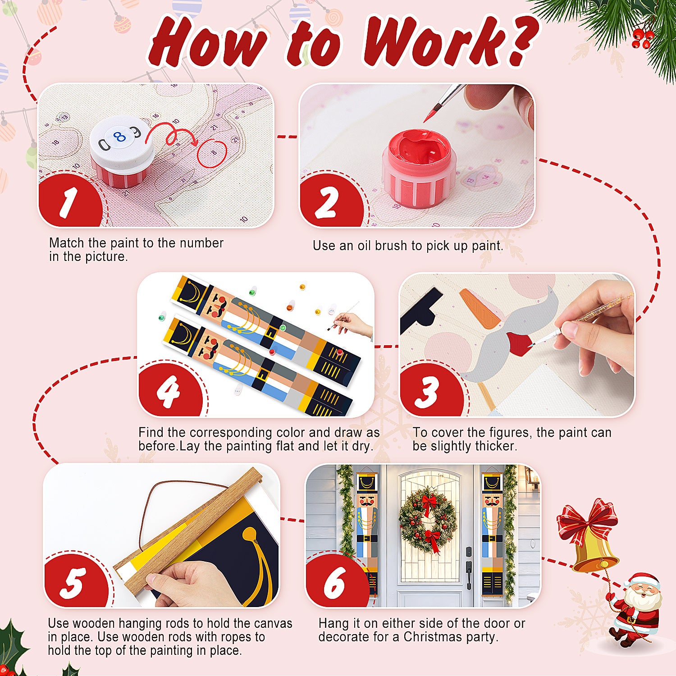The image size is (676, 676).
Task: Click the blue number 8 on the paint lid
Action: click(119, 137)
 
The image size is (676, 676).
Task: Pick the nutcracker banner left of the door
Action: click(367, 532)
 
